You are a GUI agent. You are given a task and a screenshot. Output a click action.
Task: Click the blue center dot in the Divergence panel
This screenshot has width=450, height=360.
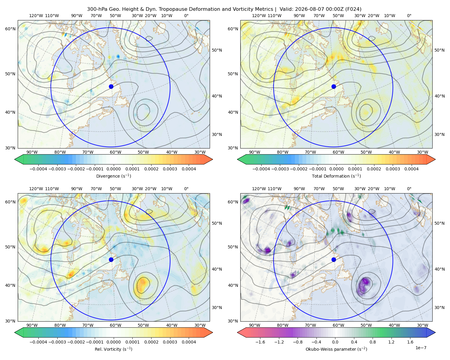(x=111, y=86)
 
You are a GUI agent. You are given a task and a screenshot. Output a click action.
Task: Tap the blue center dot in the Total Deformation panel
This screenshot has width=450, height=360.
(x=334, y=86)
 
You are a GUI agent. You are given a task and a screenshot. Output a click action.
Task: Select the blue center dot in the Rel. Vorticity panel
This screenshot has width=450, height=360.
(x=111, y=259)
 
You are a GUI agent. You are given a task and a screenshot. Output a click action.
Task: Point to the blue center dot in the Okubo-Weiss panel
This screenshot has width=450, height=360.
(x=334, y=259)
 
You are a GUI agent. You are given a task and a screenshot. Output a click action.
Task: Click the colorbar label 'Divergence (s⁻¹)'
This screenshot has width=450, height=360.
(x=113, y=176)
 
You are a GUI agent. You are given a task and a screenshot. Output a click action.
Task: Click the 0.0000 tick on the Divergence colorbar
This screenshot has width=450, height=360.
(x=113, y=169)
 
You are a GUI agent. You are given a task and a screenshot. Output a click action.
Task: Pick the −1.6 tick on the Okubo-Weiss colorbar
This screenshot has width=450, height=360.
(x=260, y=342)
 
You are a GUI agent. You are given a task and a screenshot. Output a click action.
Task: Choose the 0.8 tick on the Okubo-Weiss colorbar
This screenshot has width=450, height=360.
(x=373, y=342)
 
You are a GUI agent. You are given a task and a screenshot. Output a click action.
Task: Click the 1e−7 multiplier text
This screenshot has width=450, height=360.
(x=421, y=348)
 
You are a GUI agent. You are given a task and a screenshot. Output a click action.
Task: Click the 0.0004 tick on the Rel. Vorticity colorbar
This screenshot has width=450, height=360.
(x=189, y=342)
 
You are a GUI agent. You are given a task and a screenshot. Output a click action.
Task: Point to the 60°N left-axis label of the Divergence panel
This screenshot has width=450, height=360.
(x=10, y=29)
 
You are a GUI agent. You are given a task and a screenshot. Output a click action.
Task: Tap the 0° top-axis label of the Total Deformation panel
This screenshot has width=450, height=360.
(x=409, y=16)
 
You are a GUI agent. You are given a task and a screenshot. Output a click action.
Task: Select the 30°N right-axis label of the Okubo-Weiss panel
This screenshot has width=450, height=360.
(x=439, y=307)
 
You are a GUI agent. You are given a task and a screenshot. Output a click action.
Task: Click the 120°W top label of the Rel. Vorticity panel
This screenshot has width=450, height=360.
(x=36, y=189)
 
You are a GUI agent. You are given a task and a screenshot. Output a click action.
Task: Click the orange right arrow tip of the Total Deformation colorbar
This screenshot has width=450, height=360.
(x=435, y=159)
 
